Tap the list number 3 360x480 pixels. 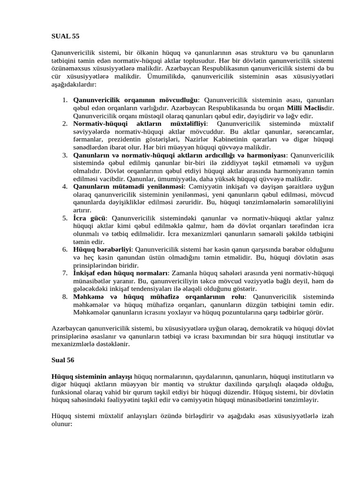click(65, 155)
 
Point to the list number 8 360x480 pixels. click(65, 297)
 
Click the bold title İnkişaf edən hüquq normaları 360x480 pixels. click(120, 273)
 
